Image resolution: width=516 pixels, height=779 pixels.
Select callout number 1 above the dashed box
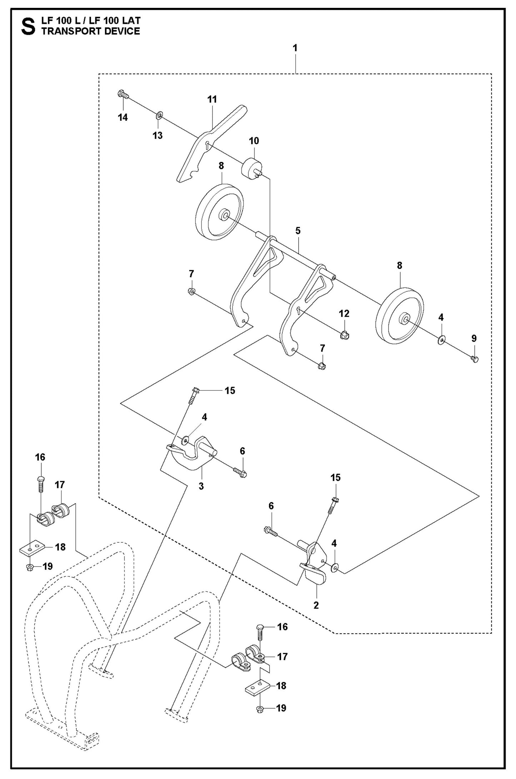[x=295, y=48]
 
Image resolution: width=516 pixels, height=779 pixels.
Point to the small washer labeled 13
[x=159, y=115]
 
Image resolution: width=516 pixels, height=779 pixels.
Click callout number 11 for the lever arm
[x=212, y=99]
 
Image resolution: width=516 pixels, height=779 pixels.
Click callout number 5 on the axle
[x=298, y=230]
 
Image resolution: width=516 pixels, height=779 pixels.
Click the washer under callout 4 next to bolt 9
[x=441, y=339]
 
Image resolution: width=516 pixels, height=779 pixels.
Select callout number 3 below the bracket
[x=201, y=486]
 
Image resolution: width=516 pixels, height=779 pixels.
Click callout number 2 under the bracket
[x=316, y=605]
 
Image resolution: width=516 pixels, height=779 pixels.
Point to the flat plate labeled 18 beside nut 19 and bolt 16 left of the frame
[x=32, y=548]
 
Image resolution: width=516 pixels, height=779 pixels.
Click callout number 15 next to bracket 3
[x=230, y=391]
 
